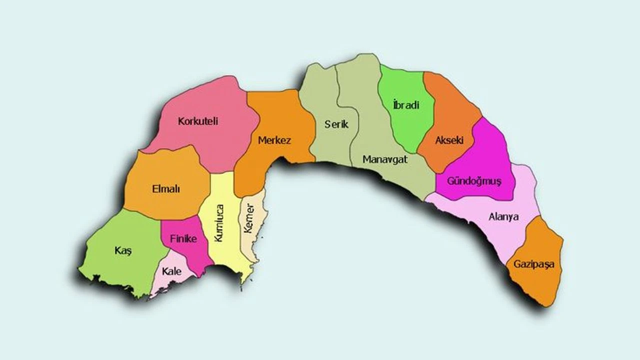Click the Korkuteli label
point(198,121)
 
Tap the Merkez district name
point(274,140)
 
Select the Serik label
point(336,124)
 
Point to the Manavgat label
point(385,160)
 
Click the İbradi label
point(406,105)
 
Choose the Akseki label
point(449,140)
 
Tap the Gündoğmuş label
point(474,180)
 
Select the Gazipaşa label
point(534,264)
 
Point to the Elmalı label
point(165,189)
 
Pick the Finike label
point(183,239)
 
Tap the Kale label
point(171,271)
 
